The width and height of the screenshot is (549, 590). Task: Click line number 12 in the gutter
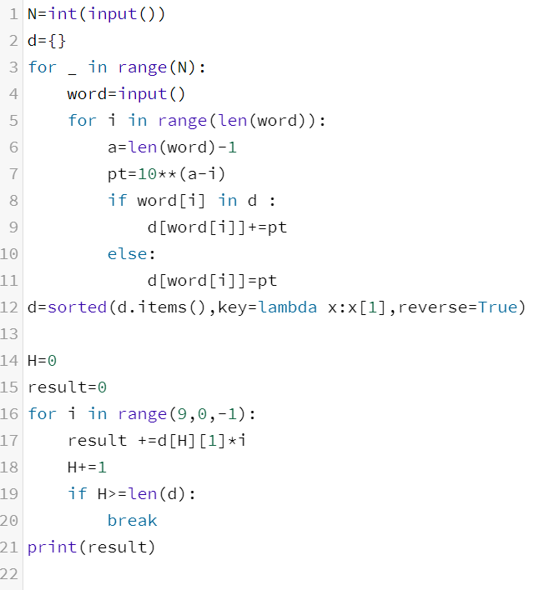click(9, 307)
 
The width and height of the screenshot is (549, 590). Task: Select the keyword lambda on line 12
click(288, 307)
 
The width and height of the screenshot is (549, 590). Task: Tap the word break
click(132, 521)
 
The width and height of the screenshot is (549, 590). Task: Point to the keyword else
click(127, 254)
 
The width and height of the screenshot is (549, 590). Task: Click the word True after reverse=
click(498, 307)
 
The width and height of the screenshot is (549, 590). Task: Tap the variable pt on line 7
click(117, 174)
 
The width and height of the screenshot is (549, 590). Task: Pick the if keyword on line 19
click(77, 494)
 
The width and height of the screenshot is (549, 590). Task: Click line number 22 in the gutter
click(9, 574)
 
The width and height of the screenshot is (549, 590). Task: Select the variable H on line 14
click(32, 361)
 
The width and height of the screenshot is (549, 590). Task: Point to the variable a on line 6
click(112, 147)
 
